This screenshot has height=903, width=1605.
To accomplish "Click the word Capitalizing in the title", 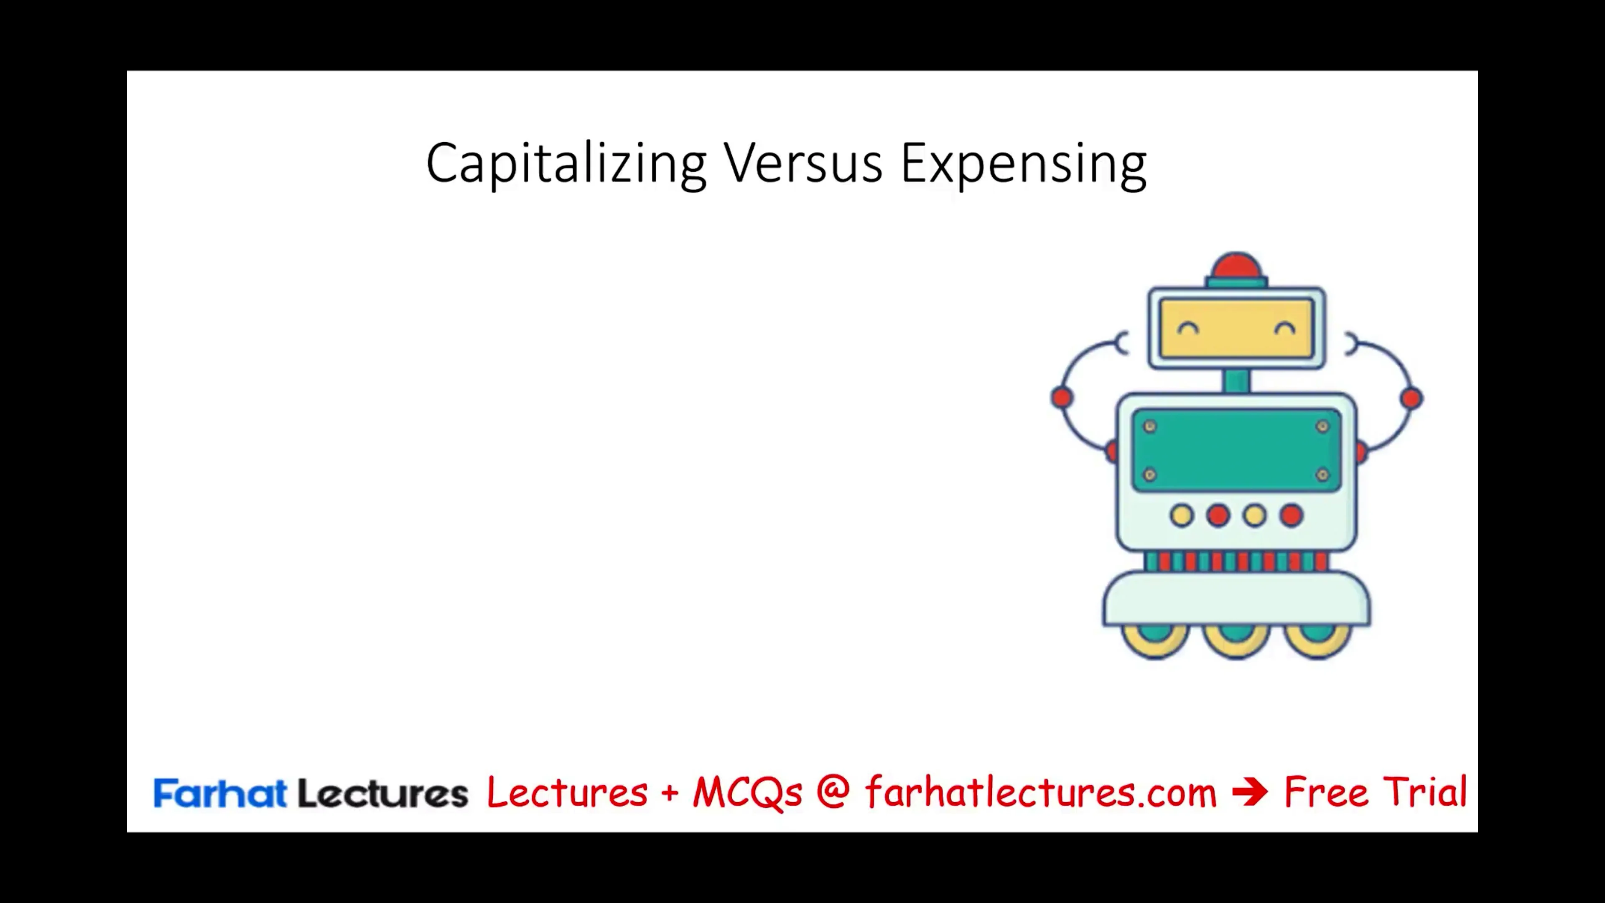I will pyautogui.click(x=566, y=163).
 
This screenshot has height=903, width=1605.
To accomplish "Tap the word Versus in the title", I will pyautogui.click(x=802, y=163).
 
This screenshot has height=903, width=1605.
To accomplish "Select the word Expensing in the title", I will pyautogui.click(x=1023, y=163).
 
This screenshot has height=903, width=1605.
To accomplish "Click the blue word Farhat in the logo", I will pyautogui.click(x=219, y=793).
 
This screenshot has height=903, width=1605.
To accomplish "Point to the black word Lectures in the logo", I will pyautogui.click(x=382, y=793).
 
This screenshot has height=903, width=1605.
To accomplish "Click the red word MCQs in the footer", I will pyautogui.click(x=747, y=793).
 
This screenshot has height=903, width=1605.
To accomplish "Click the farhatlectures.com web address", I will pyautogui.click(x=1040, y=793).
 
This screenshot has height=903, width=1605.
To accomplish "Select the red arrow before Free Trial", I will pyautogui.click(x=1249, y=792).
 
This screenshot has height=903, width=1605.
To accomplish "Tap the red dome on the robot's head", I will pyautogui.click(x=1236, y=266).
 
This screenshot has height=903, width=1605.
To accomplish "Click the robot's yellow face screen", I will pyautogui.click(x=1236, y=329).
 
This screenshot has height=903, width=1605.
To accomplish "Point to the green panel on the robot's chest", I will pyautogui.click(x=1236, y=450).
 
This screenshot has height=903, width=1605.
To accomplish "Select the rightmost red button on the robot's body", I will pyautogui.click(x=1291, y=516).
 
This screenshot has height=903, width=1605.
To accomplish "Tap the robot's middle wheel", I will pyautogui.click(x=1236, y=640).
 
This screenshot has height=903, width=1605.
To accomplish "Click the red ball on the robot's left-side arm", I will pyautogui.click(x=1062, y=398).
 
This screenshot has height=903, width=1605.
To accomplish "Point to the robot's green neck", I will pyautogui.click(x=1236, y=380).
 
